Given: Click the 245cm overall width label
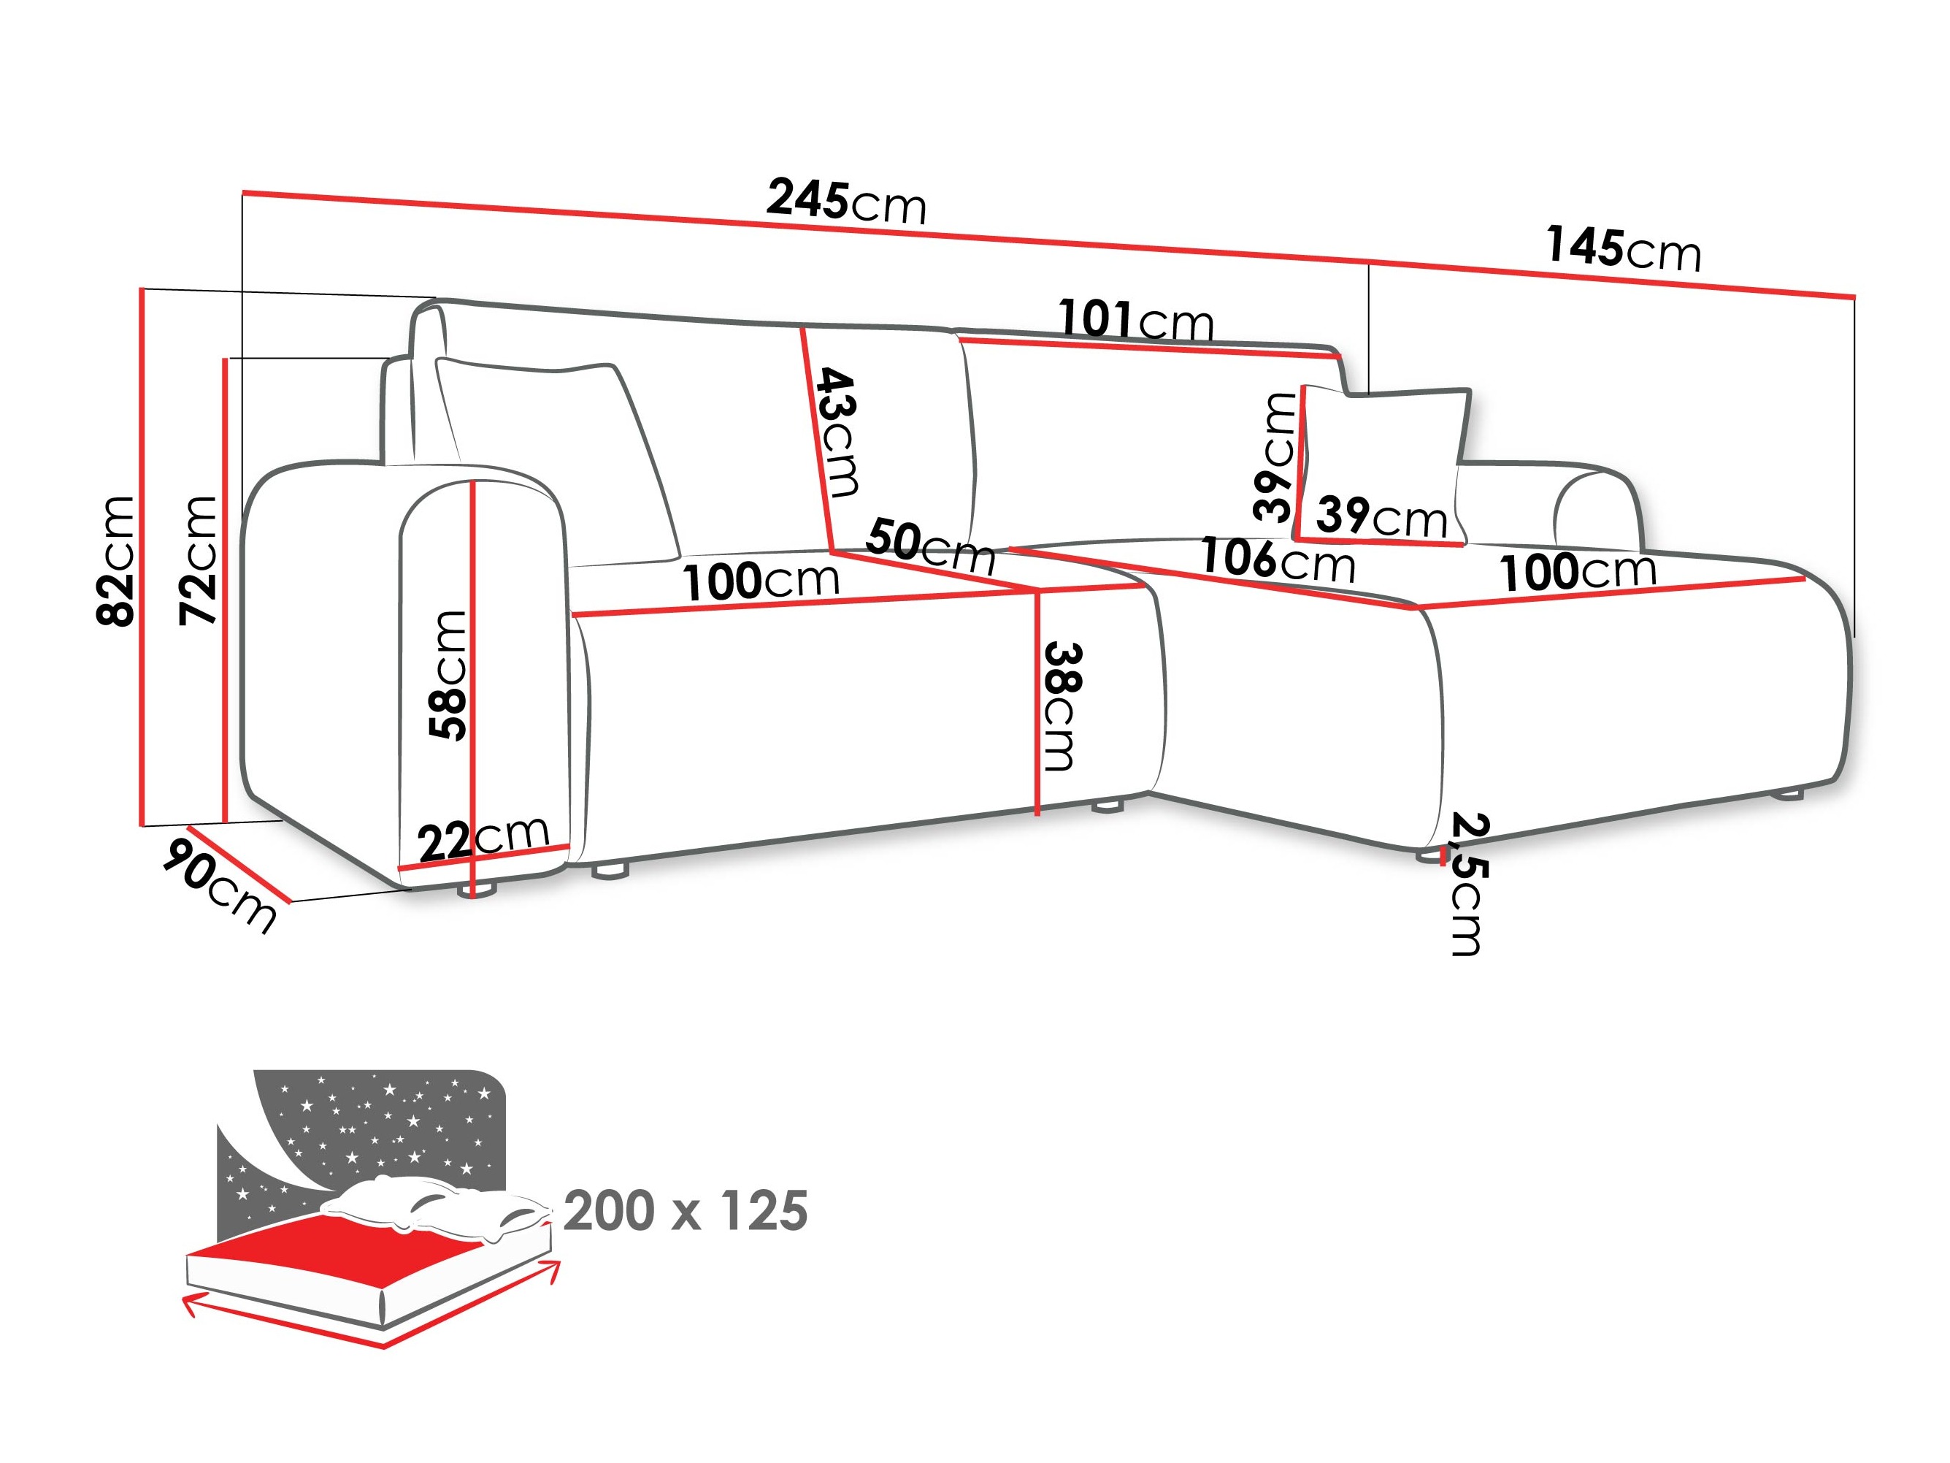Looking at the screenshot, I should (845, 202).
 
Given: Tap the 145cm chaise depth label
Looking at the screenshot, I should (1622, 248).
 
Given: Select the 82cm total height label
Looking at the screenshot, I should (116, 561).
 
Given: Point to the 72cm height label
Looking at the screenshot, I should (199, 561).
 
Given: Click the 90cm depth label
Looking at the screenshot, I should (220, 885).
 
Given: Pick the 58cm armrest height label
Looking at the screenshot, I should (448, 675).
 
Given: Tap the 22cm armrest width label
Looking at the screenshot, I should (483, 837).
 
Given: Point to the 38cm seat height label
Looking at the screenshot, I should (1061, 706).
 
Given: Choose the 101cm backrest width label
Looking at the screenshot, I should (1135, 320).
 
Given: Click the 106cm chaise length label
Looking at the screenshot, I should (1278, 561).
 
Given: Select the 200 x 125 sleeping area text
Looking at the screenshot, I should (685, 1212).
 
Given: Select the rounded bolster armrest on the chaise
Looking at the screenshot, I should (1596, 511).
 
